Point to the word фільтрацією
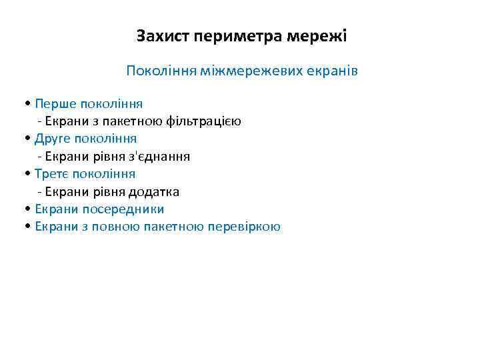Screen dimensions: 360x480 coord(209,121)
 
